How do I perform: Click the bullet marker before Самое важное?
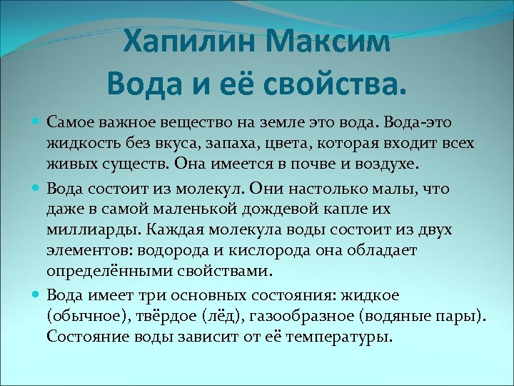pyautogui.click(x=37, y=124)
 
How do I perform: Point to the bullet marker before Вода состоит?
pyautogui.click(x=37, y=189)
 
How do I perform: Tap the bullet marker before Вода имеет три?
pyautogui.click(x=37, y=295)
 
